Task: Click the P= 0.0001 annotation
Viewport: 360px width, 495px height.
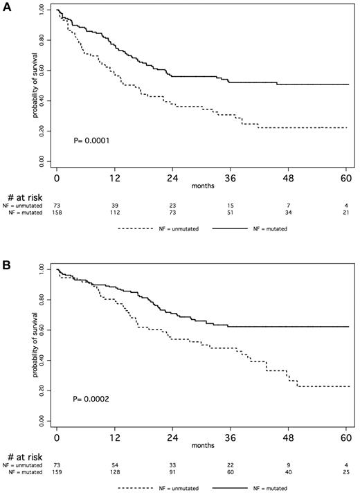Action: [x=92, y=141]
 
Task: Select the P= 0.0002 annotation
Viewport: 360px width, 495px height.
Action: [x=92, y=399]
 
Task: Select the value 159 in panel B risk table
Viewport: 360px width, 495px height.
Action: [x=57, y=473]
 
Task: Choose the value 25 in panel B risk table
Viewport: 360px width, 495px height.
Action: [x=326, y=473]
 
